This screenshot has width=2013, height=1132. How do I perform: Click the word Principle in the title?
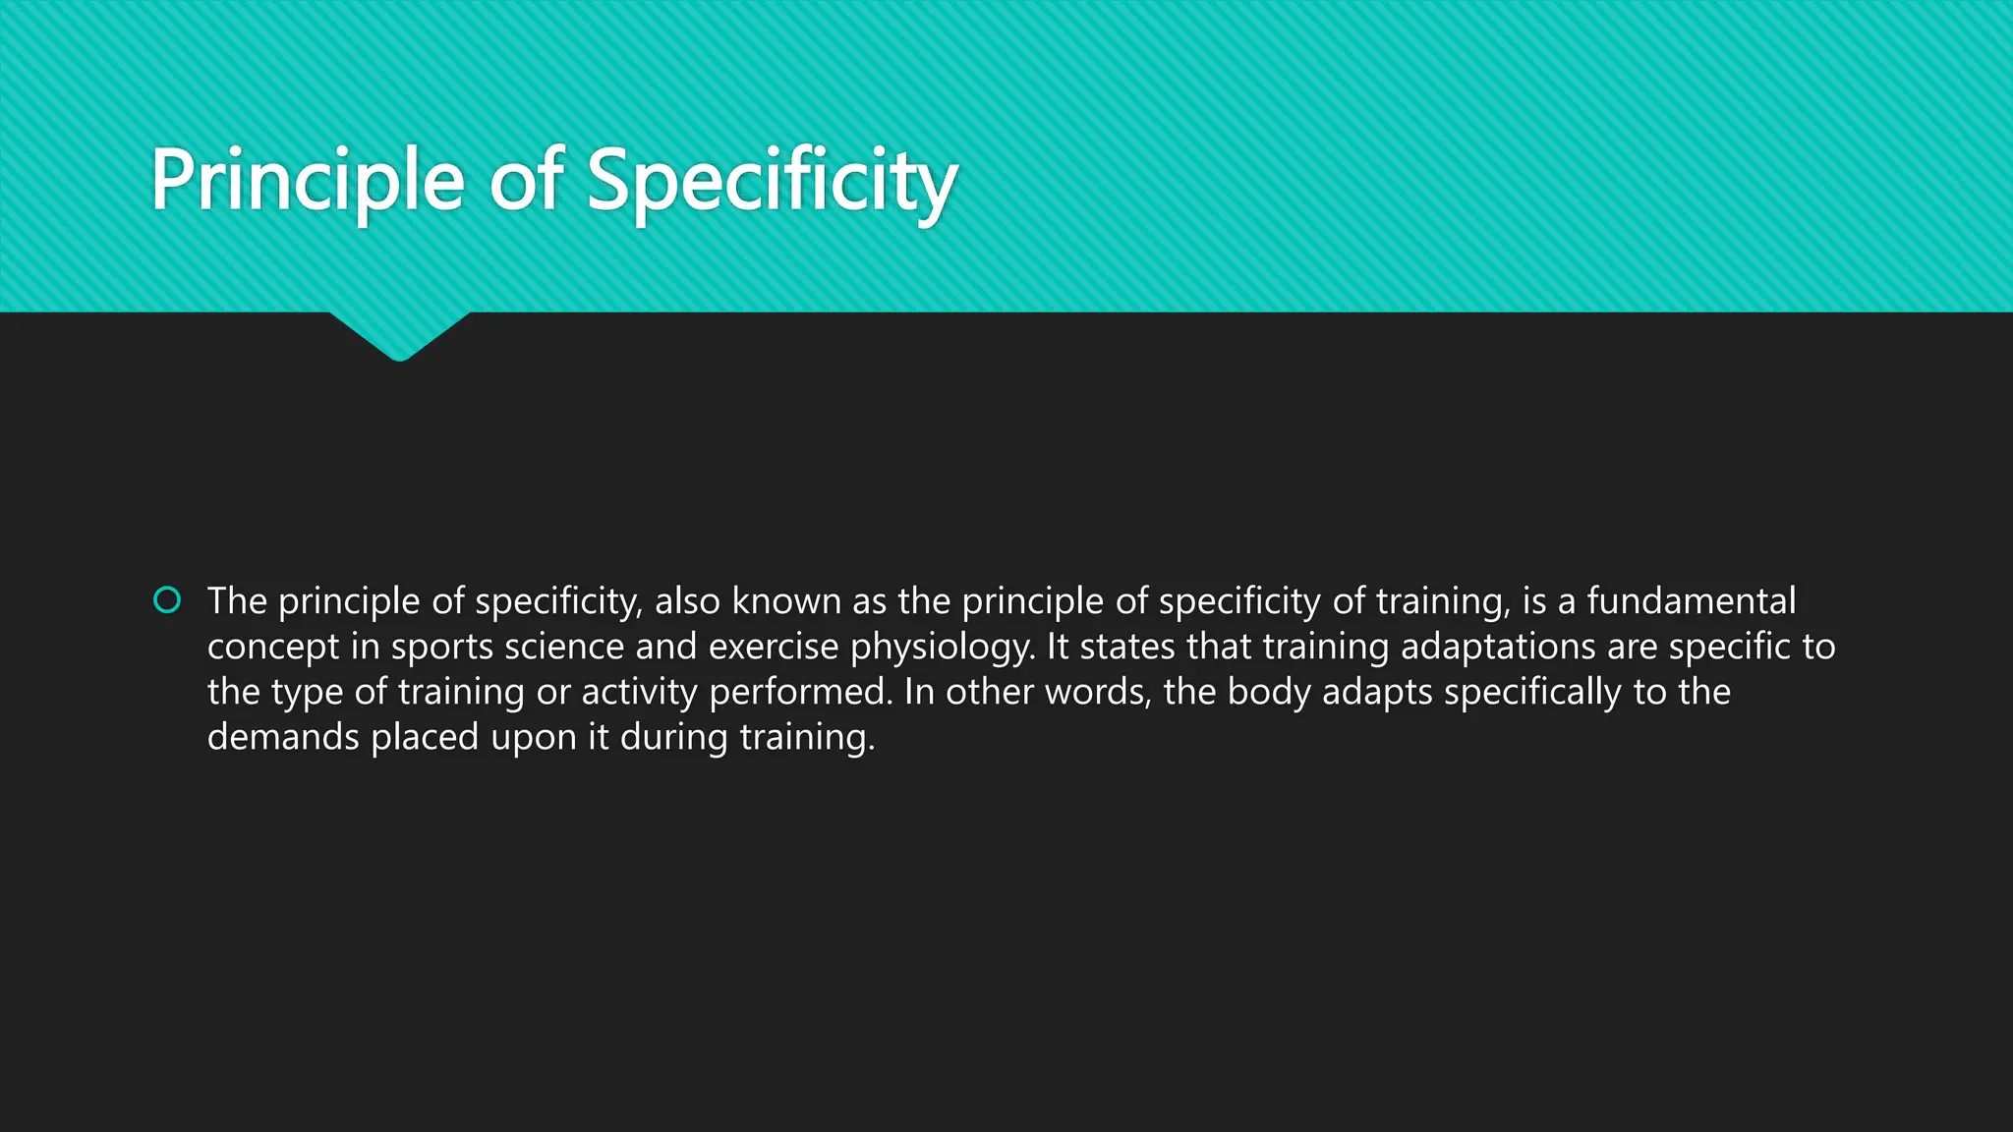(x=307, y=181)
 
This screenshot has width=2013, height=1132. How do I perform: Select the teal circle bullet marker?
(x=167, y=599)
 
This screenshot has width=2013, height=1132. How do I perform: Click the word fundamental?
(x=1691, y=600)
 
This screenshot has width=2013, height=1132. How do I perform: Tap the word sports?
(x=441, y=647)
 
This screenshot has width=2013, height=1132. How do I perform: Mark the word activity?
(x=639, y=692)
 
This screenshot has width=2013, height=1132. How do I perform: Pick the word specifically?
(x=1532, y=692)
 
